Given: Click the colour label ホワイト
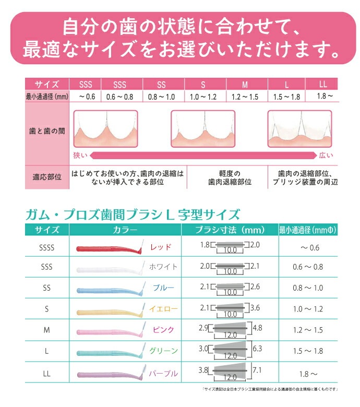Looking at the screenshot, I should tap(163, 267).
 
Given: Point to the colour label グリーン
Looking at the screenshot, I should tap(164, 351).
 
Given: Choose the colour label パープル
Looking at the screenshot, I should tap(164, 373).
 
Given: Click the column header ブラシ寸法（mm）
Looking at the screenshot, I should tap(230, 230).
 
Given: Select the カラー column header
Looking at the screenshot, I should tap(125, 230).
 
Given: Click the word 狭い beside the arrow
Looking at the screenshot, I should tap(80, 155).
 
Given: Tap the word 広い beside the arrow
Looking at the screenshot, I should tap(327, 155).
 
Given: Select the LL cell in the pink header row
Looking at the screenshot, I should tap(322, 83).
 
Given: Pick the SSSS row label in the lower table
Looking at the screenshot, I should tap(46, 247).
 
